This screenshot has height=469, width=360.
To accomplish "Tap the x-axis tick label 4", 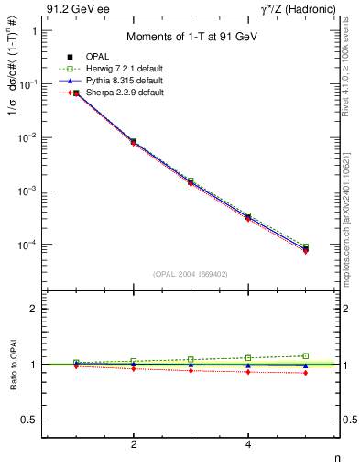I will [248, 444].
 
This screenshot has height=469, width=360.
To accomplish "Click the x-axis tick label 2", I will [134, 444].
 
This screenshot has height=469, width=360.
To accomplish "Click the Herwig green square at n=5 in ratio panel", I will [306, 355].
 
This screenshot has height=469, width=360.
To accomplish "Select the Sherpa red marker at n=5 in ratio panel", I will [306, 373].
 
